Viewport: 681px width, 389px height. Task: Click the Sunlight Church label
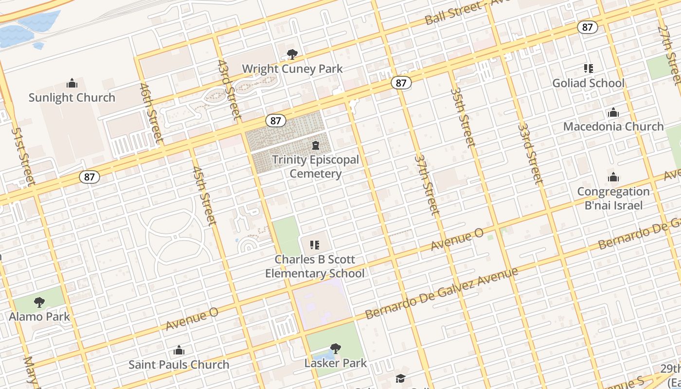(72, 98)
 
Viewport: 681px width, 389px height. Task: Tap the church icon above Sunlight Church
(72, 83)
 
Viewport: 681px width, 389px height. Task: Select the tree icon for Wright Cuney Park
(292, 54)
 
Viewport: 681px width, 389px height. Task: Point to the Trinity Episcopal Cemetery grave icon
(315, 145)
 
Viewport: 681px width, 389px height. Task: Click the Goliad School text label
(588, 83)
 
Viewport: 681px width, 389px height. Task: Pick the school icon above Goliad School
(589, 69)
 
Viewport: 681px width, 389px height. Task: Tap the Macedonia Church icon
(613, 113)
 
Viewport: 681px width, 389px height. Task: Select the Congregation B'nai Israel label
(613, 198)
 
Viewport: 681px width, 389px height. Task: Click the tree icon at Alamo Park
(39, 302)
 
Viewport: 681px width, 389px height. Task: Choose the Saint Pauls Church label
(179, 365)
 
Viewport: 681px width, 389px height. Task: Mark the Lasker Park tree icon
(335, 348)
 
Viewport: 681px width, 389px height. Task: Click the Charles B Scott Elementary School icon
(315, 245)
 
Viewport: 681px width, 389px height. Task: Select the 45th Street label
(204, 196)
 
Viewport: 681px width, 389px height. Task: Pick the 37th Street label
(427, 185)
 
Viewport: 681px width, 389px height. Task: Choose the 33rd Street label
(530, 154)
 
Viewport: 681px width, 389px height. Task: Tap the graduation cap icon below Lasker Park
(400, 378)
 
